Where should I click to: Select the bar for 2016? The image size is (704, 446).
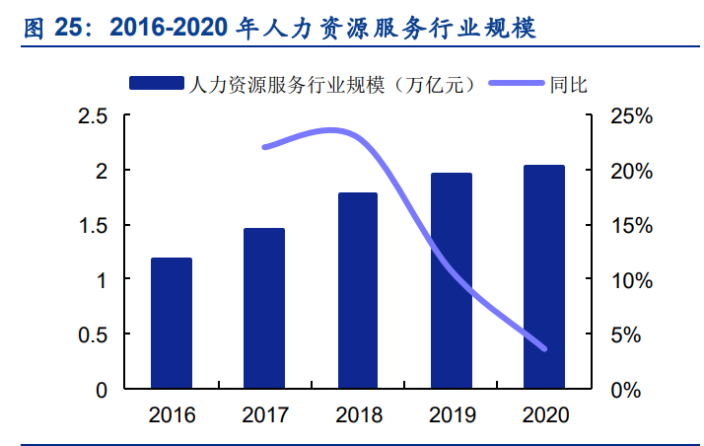pos(171,323)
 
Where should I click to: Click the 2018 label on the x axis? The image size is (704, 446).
pos(357,415)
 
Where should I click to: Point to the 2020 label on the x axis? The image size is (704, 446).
pos(543,415)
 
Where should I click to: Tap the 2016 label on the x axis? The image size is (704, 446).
pos(171,415)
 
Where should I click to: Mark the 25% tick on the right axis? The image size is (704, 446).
pos(631,116)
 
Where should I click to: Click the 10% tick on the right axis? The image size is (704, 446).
pos(631,280)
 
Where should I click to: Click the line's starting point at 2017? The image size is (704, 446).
pos(264,148)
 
